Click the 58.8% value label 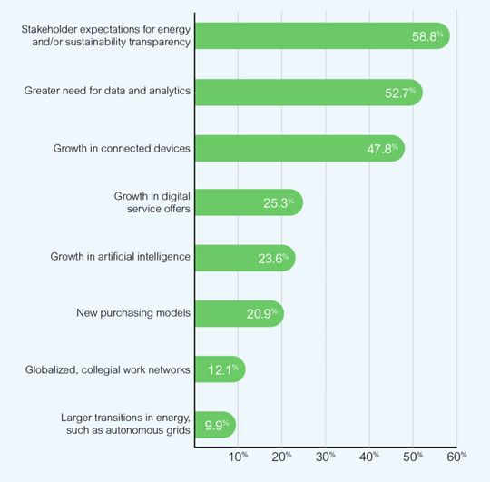pyautogui.click(x=426, y=36)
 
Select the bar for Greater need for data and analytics pyautogui.click(x=309, y=92)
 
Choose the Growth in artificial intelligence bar pyautogui.click(x=245, y=258)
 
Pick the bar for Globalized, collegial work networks pyautogui.click(x=220, y=369)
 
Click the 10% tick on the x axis pyautogui.click(x=239, y=456)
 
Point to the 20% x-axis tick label pyautogui.click(x=282, y=456)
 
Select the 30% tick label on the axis pyautogui.click(x=326, y=456)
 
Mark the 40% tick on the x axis pyautogui.click(x=369, y=456)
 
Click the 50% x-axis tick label pyautogui.click(x=413, y=456)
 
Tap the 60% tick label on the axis pyautogui.click(x=456, y=456)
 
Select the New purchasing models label pyautogui.click(x=132, y=313)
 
